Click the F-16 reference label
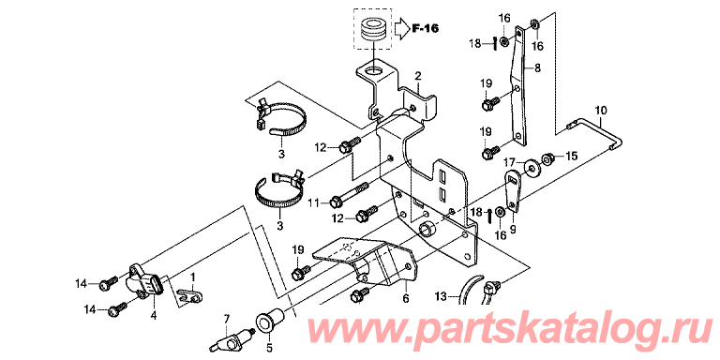426,29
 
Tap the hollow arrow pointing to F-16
401,29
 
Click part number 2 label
418,75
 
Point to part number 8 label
537,67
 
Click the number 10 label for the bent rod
601,111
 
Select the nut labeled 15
547,158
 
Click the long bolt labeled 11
349,194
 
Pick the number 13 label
441,297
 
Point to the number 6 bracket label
405,298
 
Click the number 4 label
154,315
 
